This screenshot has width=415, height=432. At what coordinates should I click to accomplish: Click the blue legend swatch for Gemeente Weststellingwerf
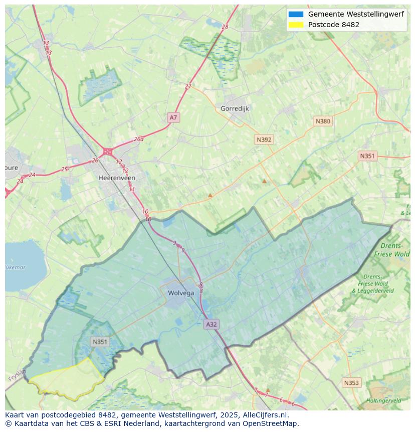296,15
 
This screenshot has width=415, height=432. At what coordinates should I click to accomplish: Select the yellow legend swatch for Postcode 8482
296,25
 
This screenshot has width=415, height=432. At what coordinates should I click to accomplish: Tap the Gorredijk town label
235,108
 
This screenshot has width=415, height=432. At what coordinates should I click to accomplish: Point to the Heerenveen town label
117,178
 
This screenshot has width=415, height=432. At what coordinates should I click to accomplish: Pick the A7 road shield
173,117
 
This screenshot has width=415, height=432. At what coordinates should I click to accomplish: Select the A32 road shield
212,324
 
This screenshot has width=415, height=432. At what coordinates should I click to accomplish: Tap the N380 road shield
323,121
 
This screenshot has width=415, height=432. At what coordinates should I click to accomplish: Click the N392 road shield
264,139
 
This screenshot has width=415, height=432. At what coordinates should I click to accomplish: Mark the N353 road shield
351,383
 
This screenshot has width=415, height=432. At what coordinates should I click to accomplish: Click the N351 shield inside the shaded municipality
100,342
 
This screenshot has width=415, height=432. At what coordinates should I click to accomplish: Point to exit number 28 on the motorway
225,27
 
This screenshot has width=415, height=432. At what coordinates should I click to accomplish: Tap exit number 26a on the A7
139,139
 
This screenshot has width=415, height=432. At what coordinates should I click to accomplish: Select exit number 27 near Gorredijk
188,86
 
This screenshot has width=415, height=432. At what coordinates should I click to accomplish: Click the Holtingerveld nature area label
383,400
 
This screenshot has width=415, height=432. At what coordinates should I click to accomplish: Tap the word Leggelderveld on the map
376,291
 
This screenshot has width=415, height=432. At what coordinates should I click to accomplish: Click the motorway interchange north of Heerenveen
107,151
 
